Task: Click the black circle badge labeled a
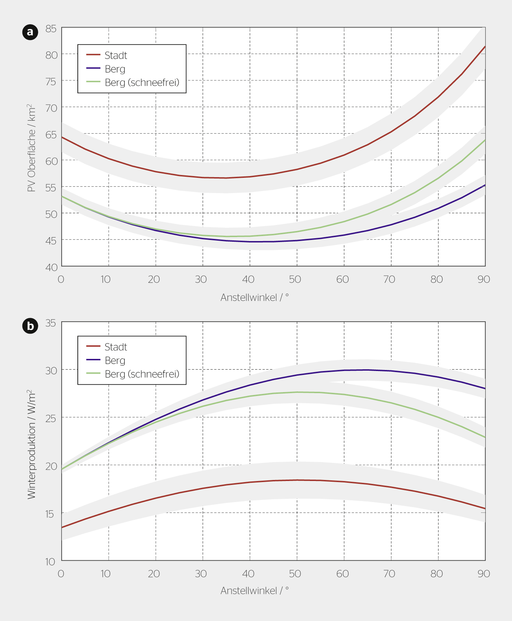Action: coord(30,32)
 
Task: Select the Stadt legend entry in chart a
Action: coord(116,55)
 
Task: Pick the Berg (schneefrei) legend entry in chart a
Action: coord(142,82)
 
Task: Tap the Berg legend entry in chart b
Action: coord(115,360)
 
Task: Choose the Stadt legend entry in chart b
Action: coord(116,347)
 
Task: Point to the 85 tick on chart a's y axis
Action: coord(51,29)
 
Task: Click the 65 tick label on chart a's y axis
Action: coord(51,135)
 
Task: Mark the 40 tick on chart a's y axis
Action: coord(51,267)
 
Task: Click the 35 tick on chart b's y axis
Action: coord(51,323)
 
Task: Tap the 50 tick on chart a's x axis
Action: coord(295,279)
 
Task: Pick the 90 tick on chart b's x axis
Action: coord(484,574)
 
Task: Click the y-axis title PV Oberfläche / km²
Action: coord(32,148)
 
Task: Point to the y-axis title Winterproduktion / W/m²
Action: coord(32,444)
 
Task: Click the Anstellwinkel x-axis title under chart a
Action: coord(254,297)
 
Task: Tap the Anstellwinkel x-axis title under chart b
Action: coord(254,591)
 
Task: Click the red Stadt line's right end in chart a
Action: coord(485,46)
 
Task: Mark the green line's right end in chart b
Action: coord(485,437)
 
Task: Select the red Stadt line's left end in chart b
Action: coord(62,527)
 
